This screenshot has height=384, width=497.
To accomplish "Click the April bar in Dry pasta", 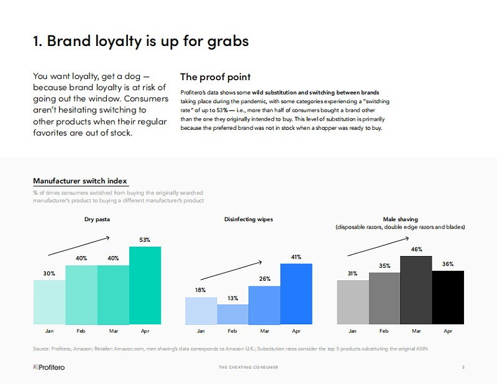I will point(145,285).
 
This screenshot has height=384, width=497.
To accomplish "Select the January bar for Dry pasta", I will point(49,302).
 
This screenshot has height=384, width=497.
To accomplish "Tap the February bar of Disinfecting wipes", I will point(232,314).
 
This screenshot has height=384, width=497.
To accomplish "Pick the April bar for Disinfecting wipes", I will point(296,294).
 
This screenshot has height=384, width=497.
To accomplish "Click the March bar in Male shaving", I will point(416,290).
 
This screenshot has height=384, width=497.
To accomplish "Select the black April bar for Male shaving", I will point(448,297).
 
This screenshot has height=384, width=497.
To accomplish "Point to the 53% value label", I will point(145,240).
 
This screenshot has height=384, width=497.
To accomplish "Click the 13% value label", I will point(232,298).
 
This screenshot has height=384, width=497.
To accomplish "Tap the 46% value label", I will point(416,249).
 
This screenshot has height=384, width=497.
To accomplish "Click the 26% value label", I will point(265,279).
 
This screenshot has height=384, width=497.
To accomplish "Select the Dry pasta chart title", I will point(97,219).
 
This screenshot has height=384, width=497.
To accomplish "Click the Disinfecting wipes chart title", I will point(248,219).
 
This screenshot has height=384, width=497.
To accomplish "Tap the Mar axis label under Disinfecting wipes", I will point(265,331).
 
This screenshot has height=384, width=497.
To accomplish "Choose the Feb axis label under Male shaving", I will point(385,331).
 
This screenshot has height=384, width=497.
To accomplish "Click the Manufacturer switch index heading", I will point(80,181).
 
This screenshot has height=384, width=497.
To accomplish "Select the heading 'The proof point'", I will point(215,77).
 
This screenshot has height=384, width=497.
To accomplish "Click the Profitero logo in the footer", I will point(49,367).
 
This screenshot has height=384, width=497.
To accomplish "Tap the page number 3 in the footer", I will point(463,367).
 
